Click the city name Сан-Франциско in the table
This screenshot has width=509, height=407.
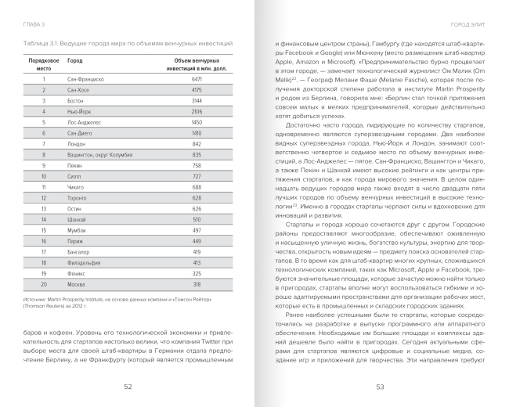(x=85, y=80)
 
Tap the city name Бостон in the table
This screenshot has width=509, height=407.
(x=75, y=101)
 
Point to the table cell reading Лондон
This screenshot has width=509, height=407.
(x=76, y=144)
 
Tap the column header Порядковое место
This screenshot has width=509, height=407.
(x=44, y=63)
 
